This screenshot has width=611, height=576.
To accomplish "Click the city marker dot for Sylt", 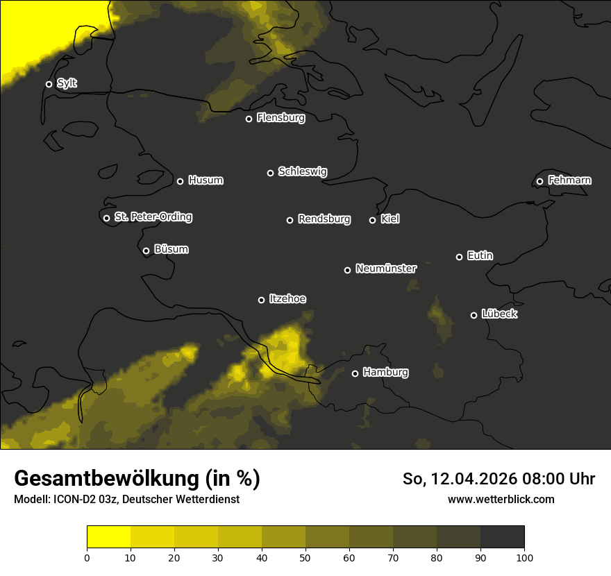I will click(49, 84).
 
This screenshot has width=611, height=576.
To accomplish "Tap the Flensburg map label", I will click(281, 118).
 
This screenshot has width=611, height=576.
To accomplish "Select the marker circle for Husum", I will click(180, 181).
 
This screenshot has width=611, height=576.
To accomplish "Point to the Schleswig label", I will click(302, 171).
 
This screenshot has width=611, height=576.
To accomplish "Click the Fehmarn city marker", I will click(539, 181).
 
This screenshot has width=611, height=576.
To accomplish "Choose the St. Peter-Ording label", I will click(153, 217).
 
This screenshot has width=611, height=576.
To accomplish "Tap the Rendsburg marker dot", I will click(290, 220).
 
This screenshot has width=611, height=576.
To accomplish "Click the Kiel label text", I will click(390, 219).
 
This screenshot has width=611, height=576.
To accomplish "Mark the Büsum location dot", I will click(146, 251).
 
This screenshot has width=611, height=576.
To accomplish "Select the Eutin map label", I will click(480, 256).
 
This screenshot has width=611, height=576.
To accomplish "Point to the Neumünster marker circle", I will click(347, 270).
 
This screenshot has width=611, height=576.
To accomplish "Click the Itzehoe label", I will click(287, 299).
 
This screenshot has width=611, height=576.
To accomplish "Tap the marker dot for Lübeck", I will click(474, 315).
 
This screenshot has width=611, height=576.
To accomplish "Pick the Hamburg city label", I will click(385, 373).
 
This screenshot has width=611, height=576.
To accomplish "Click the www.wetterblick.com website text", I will click(501, 499).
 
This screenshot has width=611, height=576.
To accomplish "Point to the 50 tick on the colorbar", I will click(305, 557).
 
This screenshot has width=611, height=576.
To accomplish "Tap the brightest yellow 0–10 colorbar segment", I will click(108, 536).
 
